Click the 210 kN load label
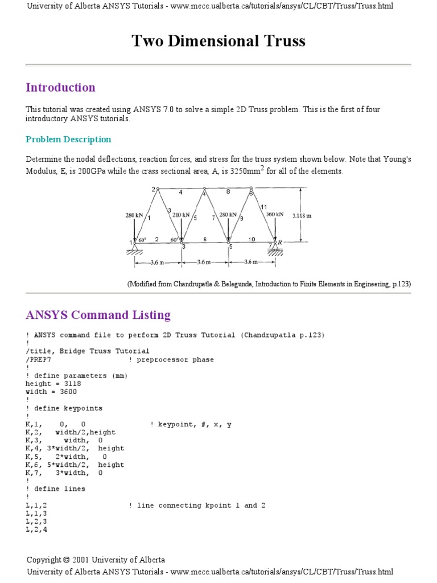coord(180,215)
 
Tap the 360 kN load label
coord(274,215)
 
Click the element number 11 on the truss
coord(263,207)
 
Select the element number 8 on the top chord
coord(228,192)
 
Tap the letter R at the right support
coord(279,243)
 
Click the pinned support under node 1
coord(134,247)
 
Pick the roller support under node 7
coord(275,248)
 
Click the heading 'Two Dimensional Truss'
coord(218,41)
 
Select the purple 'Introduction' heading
coord(60,87)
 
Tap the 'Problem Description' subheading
coord(68,139)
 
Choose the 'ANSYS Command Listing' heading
coord(98,315)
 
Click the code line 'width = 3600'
coord(51,392)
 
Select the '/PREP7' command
coord(40,360)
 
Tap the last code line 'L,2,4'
coord(36,529)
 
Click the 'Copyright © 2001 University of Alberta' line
coord(96,560)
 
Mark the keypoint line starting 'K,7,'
coord(64,473)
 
